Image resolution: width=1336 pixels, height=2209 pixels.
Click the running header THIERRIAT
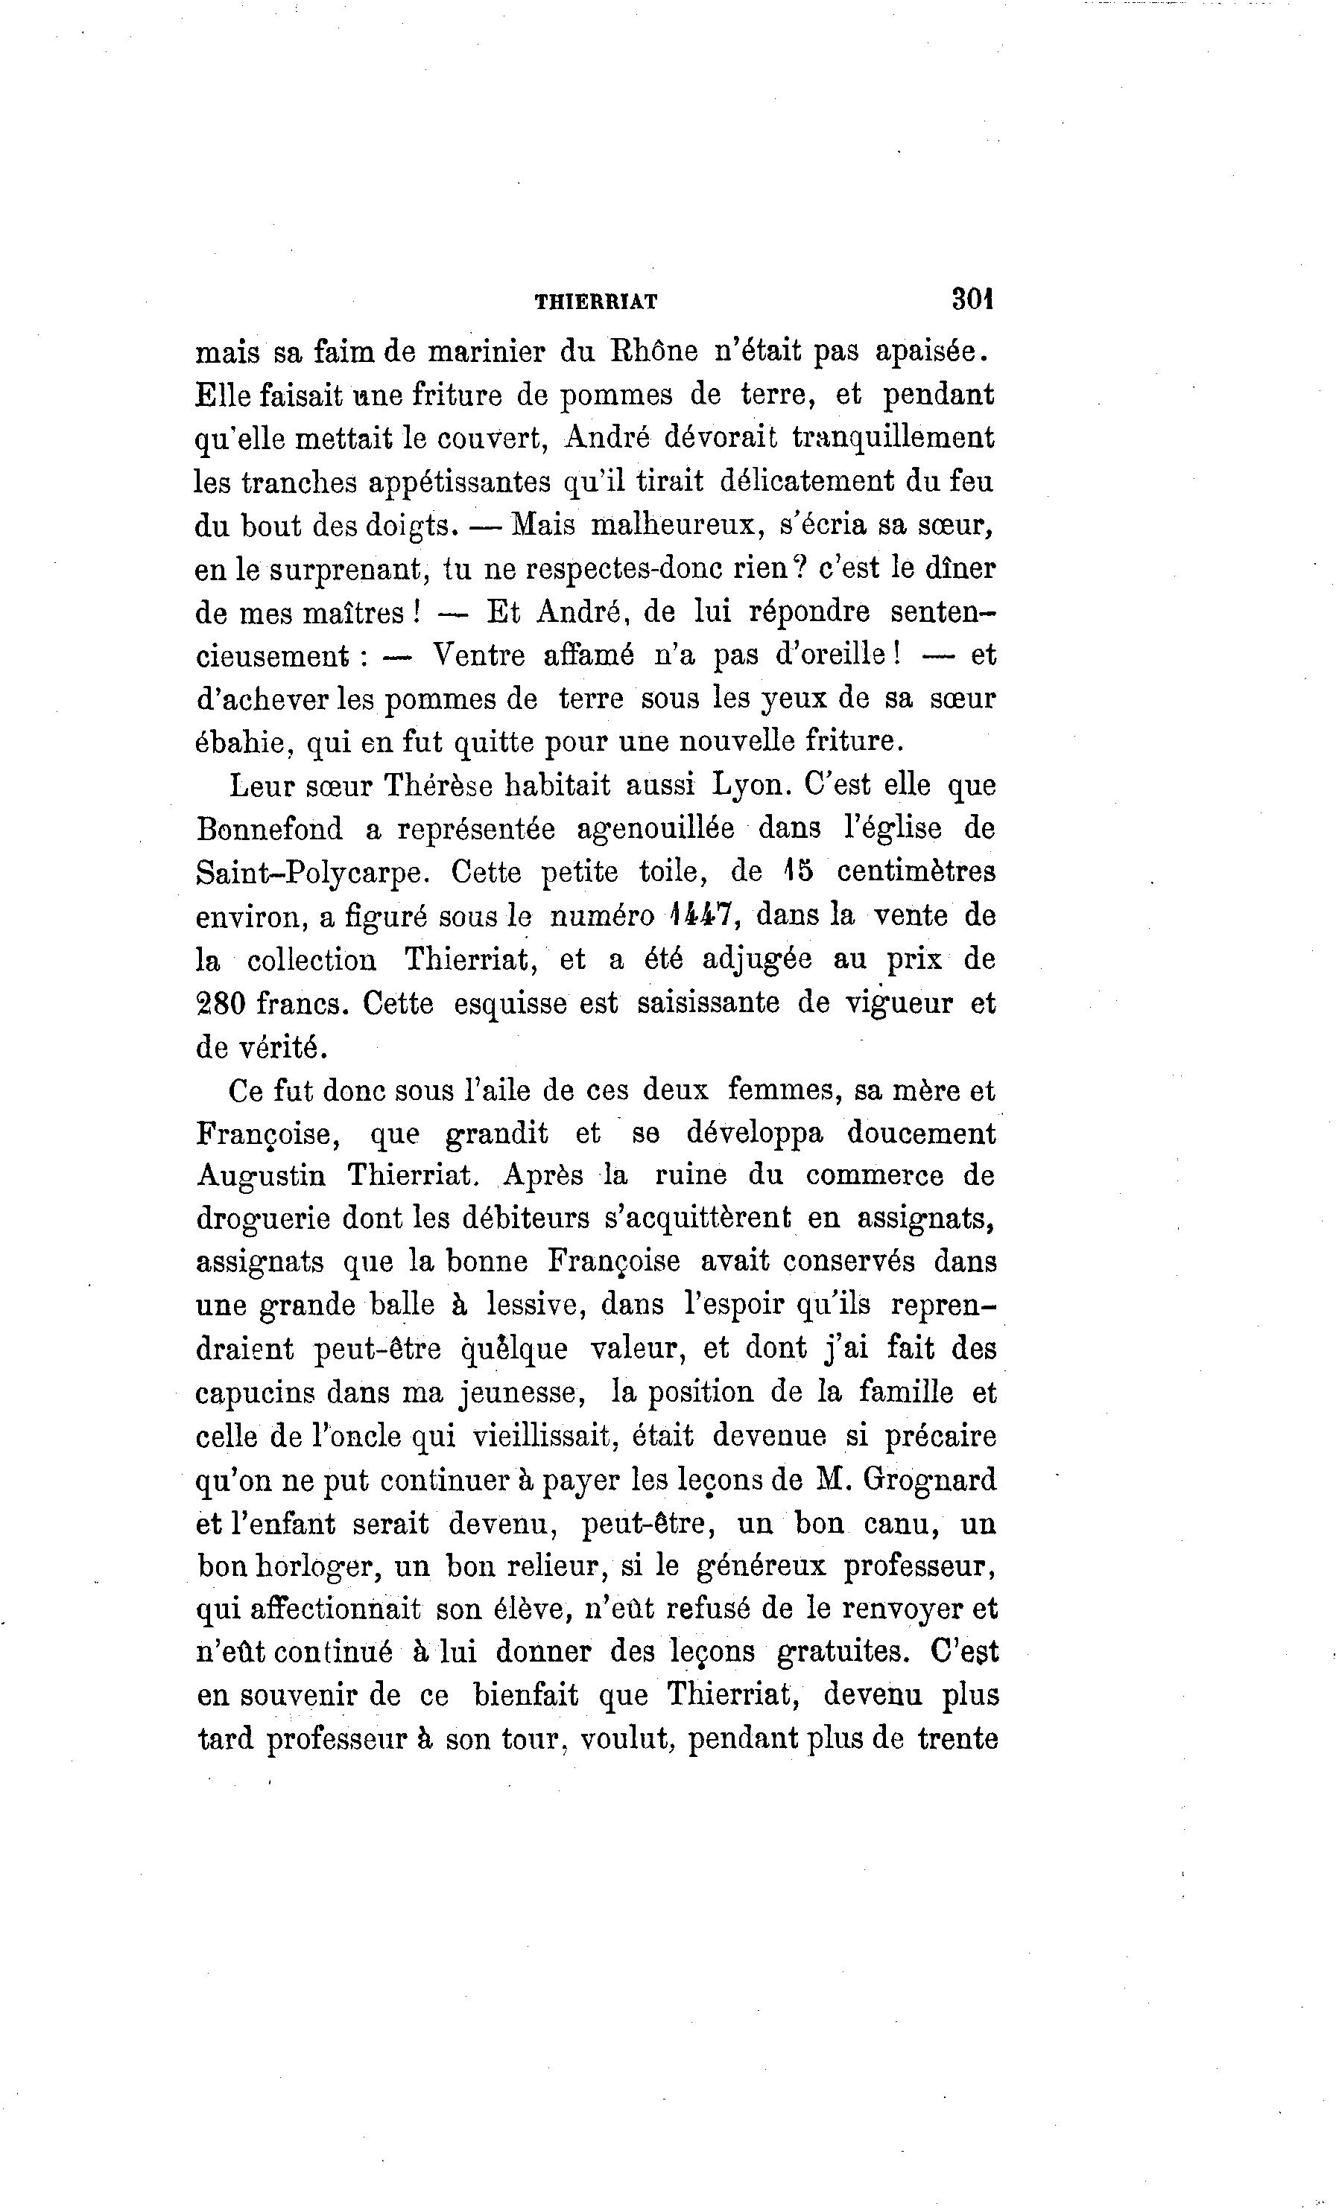pos(595,303)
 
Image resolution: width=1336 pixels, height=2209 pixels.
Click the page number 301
pos(974,299)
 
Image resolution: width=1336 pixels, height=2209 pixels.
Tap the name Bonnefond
pos(269,829)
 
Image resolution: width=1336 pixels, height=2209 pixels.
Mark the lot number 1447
pos(702,915)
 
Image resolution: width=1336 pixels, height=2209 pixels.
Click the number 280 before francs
pos(221,1002)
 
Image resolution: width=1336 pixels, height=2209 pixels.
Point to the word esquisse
pos(510,1003)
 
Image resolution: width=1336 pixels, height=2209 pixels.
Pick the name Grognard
pos(929,1480)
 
